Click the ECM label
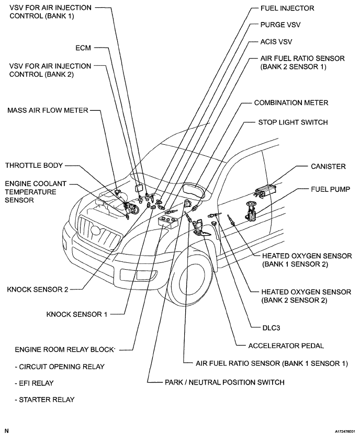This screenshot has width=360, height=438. click(x=84, y=48)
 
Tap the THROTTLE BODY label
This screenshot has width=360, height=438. click(x=34, y=166)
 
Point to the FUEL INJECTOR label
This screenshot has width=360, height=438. click(x=287, y=8)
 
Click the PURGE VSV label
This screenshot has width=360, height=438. click(x=280, y=25)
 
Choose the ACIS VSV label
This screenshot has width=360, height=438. click(x=278, y=41)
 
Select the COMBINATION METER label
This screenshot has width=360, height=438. click(x=291, y=103)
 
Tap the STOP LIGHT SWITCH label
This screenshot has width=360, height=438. click(x=293, y=122)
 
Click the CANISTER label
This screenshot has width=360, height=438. click(x=328, y=166)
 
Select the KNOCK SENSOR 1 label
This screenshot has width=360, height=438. click(x=77, y=315)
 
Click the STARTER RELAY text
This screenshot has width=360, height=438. click(x=44, y=400)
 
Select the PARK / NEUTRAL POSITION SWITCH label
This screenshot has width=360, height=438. click(x=224, y=382)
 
